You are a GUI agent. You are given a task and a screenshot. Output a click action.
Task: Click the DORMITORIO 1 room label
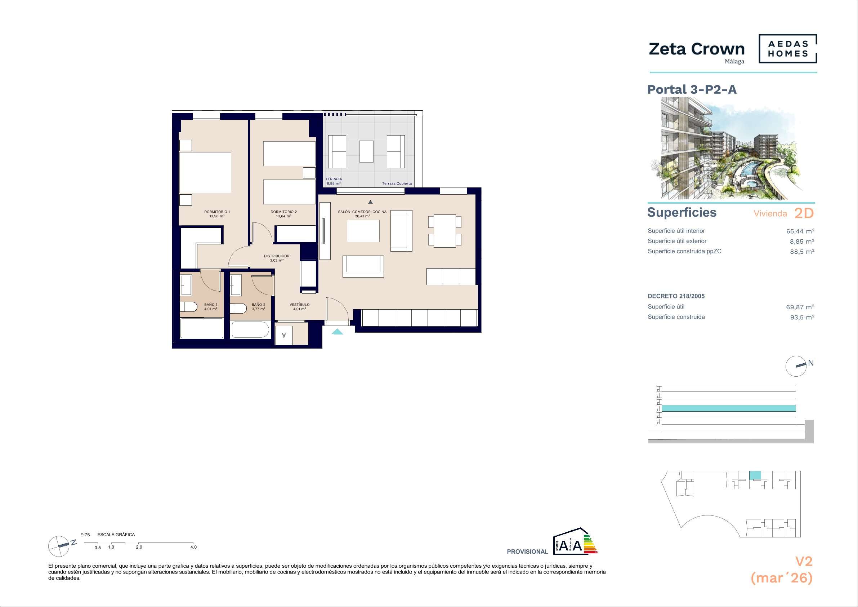click(x=217, y=212)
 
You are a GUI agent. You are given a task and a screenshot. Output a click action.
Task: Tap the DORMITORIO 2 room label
click(x=283, y=212)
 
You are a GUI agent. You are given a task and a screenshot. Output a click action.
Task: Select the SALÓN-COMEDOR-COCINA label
click(x=362, y=212)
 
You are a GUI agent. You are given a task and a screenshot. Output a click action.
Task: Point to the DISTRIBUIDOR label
click(x=277, y=256)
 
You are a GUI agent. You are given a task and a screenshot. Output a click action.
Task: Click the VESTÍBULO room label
click(x=300, y=305)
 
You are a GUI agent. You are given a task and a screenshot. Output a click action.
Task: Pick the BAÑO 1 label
click(x=211, y=305)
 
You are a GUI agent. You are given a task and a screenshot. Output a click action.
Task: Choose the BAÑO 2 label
click(x=259, y=305)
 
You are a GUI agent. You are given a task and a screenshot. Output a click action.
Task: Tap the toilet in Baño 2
click(x=238, y=309)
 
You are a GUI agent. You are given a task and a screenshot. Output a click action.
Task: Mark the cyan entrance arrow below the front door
click(x=337, y=331)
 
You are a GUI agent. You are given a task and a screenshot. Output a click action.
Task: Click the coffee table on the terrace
click(x=366, y=151)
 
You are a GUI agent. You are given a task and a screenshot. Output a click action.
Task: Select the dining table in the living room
click(x=445, y=231)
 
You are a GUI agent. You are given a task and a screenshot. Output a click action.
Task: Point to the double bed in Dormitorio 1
click(x=205, y=172)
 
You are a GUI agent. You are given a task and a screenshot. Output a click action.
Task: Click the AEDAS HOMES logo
click(x=788, y=49)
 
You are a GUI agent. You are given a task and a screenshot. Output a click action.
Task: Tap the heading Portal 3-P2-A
click(x=692, y=89)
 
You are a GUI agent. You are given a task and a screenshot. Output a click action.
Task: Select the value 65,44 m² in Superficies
click(x=800, y=231)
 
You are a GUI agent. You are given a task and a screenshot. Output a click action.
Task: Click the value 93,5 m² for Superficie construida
click(x=802, y=317)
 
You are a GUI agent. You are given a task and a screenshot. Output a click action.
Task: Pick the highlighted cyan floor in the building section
click(x=729, y=408)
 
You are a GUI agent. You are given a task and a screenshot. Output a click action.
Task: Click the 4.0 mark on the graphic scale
click(x=193, y=547)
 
